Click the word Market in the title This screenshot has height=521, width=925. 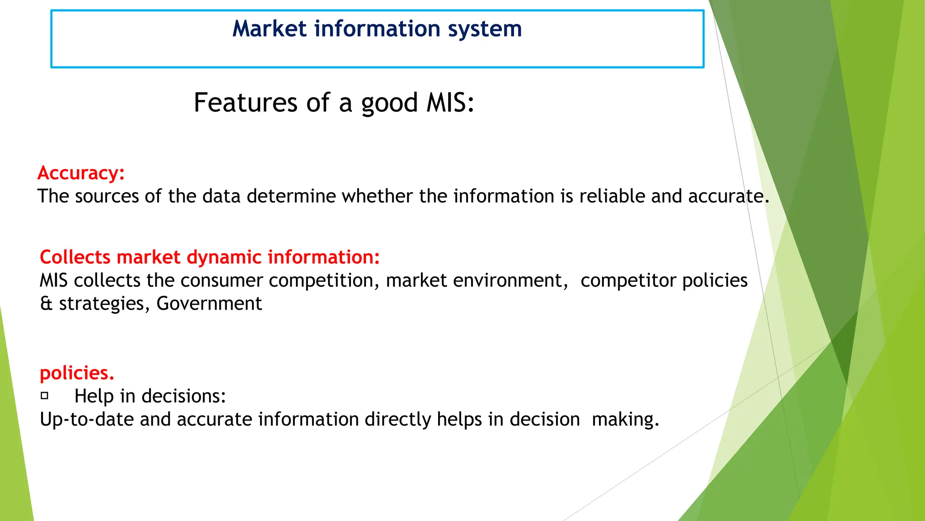click(x=270, y=29)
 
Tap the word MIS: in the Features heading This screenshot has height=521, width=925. click(x=450, y=103)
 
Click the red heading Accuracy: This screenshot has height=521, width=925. click(x=81, y=173)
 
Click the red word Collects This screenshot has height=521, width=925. click(x=75, y=257)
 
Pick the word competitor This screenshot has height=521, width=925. click(x=628, y=280)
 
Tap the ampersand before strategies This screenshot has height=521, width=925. click(x=46, y=303)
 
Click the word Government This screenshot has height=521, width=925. click(x=209, y=303)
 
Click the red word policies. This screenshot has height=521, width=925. click(x=77, y=373)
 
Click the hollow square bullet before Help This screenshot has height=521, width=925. click(x=44, y=396)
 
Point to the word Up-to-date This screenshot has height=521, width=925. click(x=87, y=419)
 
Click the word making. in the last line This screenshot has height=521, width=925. click(x=625, y=419)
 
